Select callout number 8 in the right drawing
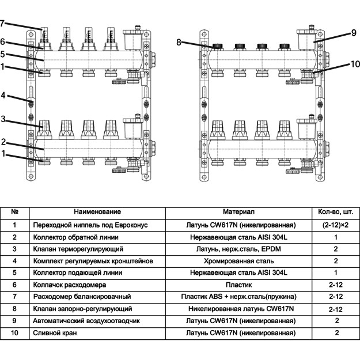coord(179,42)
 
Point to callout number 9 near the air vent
coord(353,33)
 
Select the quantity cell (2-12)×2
coord(335,225)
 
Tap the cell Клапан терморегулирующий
coord(78,249)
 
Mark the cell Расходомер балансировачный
coord(83,297)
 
